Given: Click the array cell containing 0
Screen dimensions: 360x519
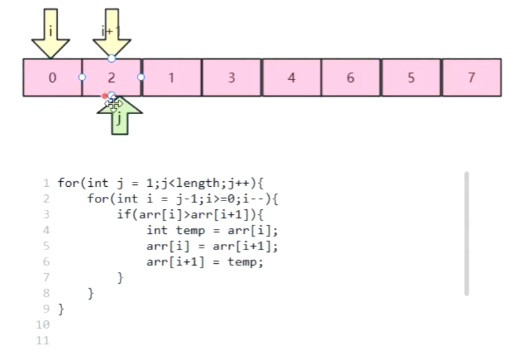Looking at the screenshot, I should pos(52,78).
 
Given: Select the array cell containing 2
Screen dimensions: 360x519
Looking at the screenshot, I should pos(112,78).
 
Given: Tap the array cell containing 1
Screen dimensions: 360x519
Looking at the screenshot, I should pos(171,78).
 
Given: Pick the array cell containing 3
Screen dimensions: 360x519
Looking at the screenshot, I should pos(232,78).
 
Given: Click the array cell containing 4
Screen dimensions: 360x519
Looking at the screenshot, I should pos(291,78).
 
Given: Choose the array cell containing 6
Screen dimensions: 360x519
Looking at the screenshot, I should pos(351,78).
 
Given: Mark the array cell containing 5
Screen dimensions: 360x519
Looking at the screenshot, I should pos(411,78).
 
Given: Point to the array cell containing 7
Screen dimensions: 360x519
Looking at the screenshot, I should pos(471,78).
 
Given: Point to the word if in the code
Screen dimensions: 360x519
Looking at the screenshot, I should pos(122,215).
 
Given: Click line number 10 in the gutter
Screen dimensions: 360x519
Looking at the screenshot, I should pos(43,325).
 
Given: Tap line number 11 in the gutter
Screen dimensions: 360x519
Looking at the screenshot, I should pos(43,340).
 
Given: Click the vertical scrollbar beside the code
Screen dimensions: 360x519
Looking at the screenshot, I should pos(466,233).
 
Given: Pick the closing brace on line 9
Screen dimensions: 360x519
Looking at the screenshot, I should pos(61,308).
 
